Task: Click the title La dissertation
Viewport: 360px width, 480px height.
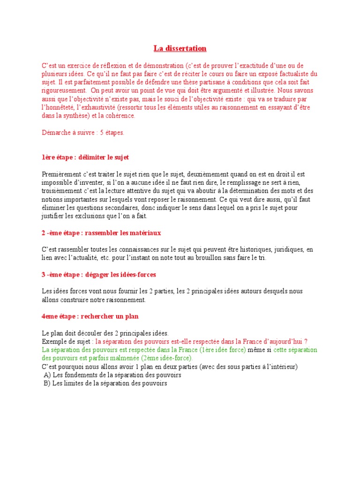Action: click(180, 48)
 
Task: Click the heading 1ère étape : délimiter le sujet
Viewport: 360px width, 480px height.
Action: click(85, 157)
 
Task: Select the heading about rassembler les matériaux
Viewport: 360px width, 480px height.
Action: click(101, 233)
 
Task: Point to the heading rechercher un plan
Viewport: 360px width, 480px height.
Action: click(90, 316)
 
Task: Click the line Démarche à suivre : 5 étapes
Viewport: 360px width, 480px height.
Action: click(83, 133)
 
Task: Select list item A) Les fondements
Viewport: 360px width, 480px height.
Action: click(112, 375)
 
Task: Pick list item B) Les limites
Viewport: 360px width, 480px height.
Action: click(105, 383)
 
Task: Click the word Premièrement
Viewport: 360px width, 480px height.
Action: click(61, 174)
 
